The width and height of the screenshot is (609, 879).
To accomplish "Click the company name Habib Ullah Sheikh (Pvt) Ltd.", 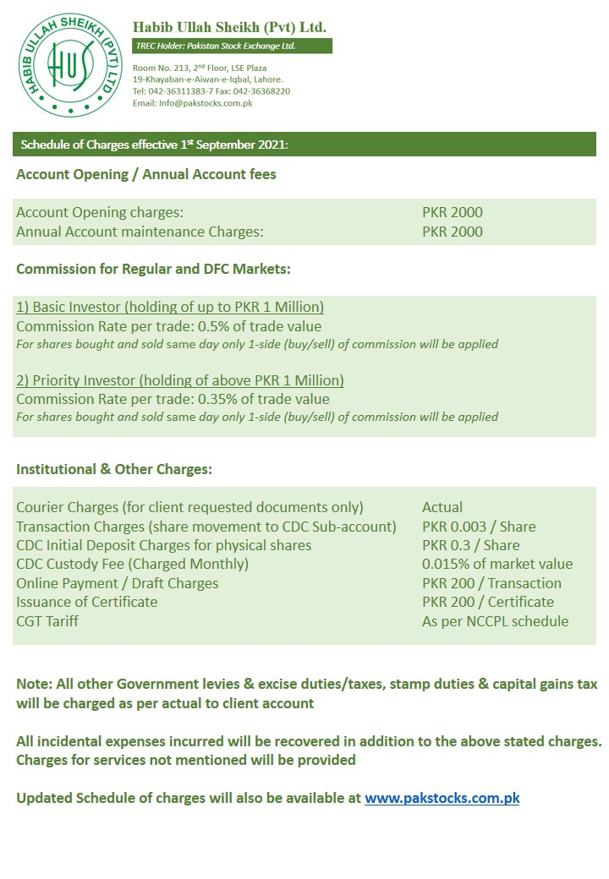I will click(229, 27).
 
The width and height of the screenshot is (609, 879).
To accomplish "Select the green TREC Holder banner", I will click(231, 46).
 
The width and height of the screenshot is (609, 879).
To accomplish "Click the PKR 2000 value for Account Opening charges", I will click(453, 212).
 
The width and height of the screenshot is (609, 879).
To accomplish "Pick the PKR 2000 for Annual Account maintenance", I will click(453, 232).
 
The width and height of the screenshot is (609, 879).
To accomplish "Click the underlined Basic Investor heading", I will click(170, 308).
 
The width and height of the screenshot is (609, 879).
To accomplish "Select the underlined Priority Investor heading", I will click(180, 380).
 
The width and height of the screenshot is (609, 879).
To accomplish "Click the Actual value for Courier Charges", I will click(442, 507).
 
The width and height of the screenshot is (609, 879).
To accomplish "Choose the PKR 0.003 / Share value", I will click(479, 527).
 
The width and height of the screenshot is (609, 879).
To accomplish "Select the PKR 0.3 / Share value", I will click(471, 545).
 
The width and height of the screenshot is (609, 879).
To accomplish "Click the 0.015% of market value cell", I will click(497, 564).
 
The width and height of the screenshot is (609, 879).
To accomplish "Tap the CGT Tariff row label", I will click(47, 621).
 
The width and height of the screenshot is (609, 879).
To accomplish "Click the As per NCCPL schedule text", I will click(495, 621).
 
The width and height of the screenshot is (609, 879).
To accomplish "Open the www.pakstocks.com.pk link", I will click(442, 797).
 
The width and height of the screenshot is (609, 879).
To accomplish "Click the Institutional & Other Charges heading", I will click(114, 469).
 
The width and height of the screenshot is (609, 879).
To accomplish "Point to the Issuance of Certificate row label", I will click(87, 602).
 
